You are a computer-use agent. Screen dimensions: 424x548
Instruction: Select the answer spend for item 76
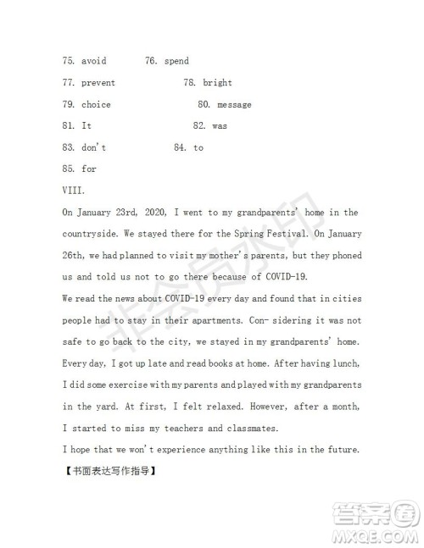tap(176, 61)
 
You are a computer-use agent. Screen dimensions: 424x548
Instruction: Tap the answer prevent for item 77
tap(98, 83)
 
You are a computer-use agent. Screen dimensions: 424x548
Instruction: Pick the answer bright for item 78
tap(218, 83)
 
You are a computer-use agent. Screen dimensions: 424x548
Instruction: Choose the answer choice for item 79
tap(96, 105)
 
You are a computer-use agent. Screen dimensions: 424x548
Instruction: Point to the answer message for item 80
tap(234, 105)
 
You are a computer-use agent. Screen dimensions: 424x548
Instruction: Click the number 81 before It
tap(69, 126)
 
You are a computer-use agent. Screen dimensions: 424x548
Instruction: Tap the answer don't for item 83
tap(94, 147)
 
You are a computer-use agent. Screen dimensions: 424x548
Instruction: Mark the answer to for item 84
tap(198, 147)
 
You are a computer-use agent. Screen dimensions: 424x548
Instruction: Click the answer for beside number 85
tap(89, 169)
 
